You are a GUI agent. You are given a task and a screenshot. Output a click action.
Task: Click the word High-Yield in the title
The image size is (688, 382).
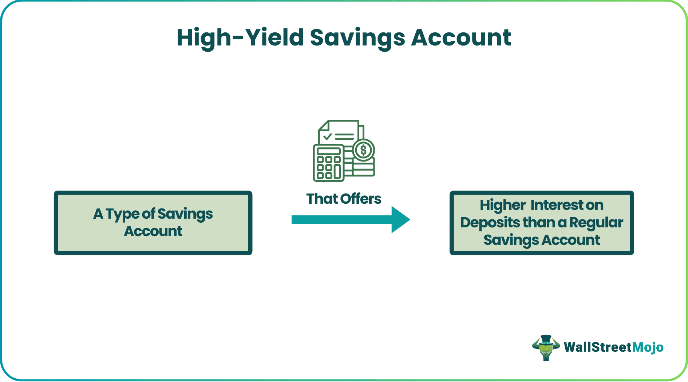(240, 38)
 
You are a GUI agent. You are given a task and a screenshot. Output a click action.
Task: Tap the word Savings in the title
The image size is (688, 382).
(357, 38)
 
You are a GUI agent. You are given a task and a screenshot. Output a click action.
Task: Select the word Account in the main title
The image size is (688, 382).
(461, 38)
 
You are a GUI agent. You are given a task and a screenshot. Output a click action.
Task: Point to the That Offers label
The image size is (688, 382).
(344, 199)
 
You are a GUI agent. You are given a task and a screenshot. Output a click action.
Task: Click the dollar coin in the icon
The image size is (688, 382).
(363, 150)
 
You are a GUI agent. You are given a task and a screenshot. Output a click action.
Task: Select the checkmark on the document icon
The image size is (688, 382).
(327, 137)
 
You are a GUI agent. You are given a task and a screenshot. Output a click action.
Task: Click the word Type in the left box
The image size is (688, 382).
(123, 214)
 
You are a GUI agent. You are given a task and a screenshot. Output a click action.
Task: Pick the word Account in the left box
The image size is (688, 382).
(153, 231)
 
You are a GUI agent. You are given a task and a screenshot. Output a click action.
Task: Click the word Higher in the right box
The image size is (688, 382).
(502, 205)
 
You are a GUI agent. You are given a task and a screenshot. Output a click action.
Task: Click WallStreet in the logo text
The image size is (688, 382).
(597, 347)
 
